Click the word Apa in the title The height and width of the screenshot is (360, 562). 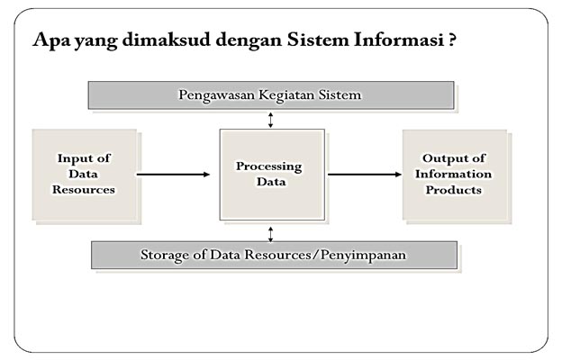coord(48,41)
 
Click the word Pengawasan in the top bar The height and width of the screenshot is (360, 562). coord(214,94)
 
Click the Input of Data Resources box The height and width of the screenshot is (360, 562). coord(84,175)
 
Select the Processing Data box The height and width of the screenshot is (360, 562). coord(271,175)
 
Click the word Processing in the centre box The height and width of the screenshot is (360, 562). coord(271,166)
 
